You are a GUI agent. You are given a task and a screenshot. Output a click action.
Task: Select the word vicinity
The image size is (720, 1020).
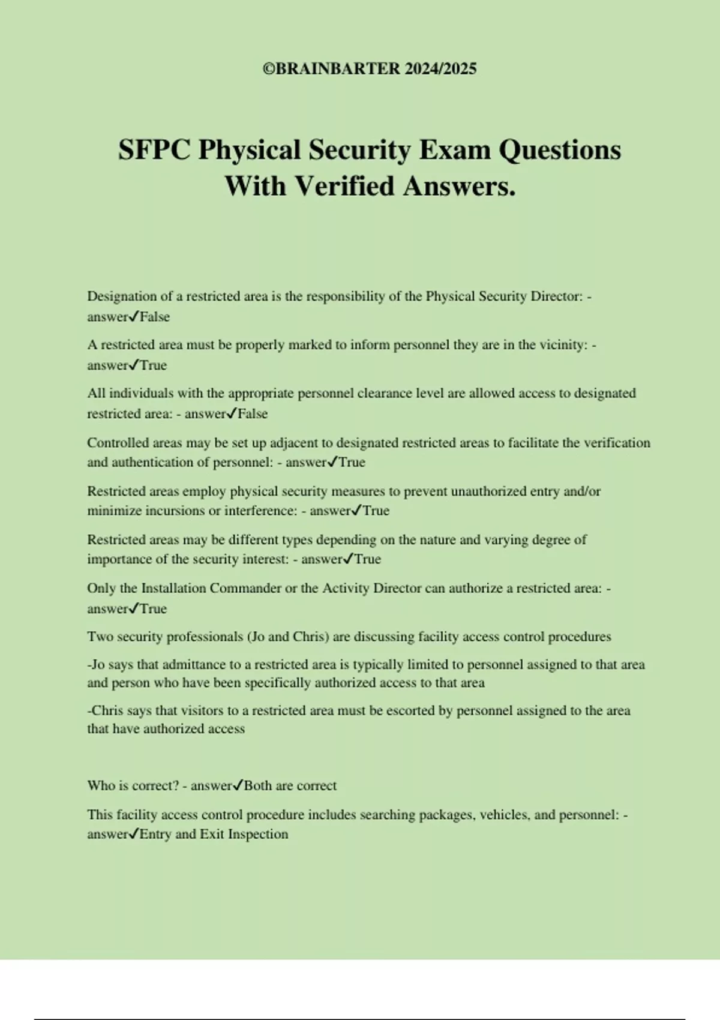tap(561, 345)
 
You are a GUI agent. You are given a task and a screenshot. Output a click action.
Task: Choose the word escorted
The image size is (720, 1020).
tap(410, 711)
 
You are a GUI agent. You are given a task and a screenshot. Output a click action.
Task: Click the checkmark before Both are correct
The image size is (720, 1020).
tap(238, 785)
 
